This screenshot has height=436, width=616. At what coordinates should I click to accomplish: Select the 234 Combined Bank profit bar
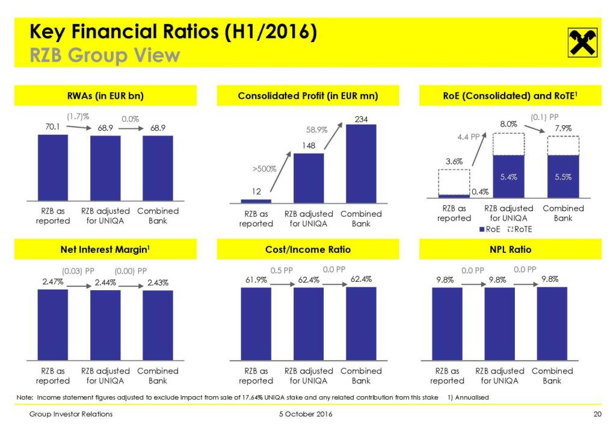click(x=361, y=163)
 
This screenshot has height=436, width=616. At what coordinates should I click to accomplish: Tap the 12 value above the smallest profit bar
click(x=256, y=191)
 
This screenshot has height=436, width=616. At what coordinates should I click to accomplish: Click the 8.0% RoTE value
click(x=509, y=124)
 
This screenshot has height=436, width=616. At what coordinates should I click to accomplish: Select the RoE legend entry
click(x=490, y=229)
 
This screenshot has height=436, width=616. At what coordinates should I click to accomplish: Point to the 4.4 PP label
click(x=469, y=137)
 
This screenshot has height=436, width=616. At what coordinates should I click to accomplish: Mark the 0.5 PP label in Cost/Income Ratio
click(x=282, y=270)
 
